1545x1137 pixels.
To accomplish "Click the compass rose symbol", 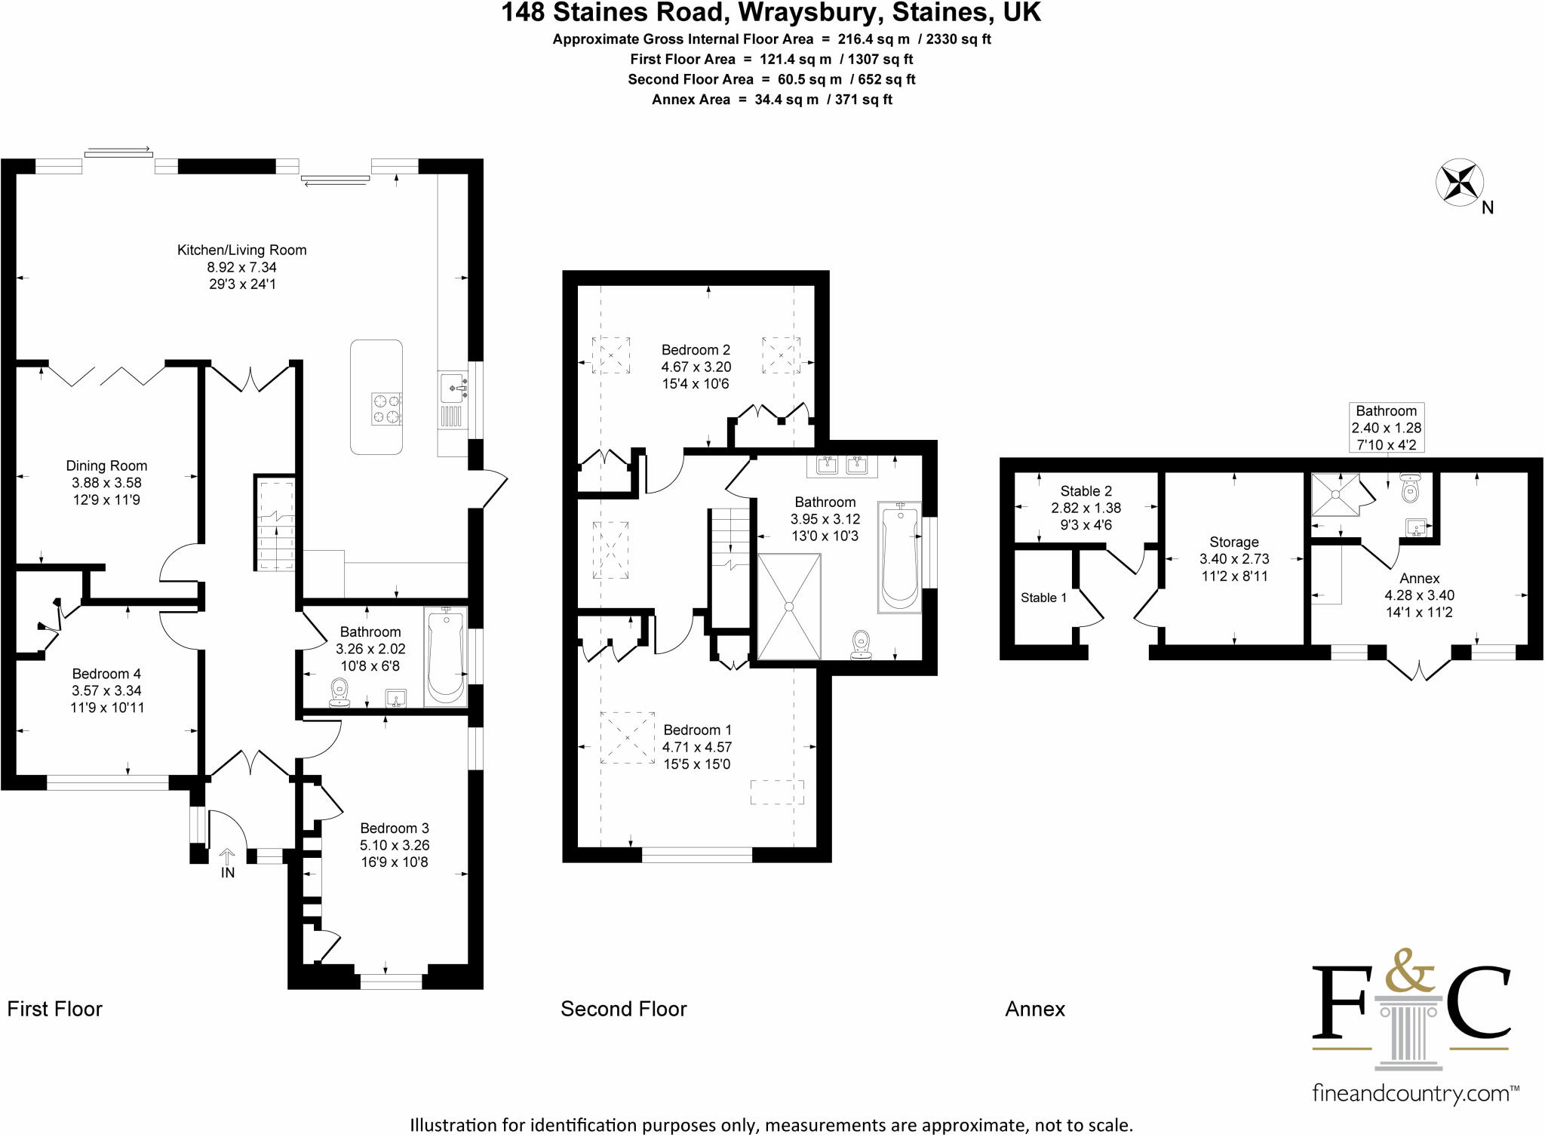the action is click(1459, 183).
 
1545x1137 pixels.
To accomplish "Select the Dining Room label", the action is click(106, 466).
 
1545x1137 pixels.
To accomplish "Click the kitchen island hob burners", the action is click(386, 409).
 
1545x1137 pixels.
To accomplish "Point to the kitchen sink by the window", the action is click(453, 387).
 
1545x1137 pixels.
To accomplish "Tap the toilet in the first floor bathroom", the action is click(339, 692).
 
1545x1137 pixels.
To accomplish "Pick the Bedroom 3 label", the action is click(395, 828).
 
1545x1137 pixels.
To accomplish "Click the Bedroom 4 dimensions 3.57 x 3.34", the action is click(106, 690).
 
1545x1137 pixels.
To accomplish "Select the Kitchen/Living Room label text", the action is click(241, 250).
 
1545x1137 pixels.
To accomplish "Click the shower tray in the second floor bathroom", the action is click(789, 607).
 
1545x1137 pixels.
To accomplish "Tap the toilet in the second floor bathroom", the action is click(861, 645).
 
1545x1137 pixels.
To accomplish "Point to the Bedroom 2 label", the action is click(696, 349).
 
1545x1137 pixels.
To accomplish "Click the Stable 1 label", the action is click(1043, 598).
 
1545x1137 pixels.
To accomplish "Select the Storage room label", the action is click(1234, 542).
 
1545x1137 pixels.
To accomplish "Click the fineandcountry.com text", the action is click(1415, 1093).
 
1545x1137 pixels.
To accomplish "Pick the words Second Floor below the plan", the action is click(624, 1009).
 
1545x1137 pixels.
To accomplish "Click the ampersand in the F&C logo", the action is click(1409, 970).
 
